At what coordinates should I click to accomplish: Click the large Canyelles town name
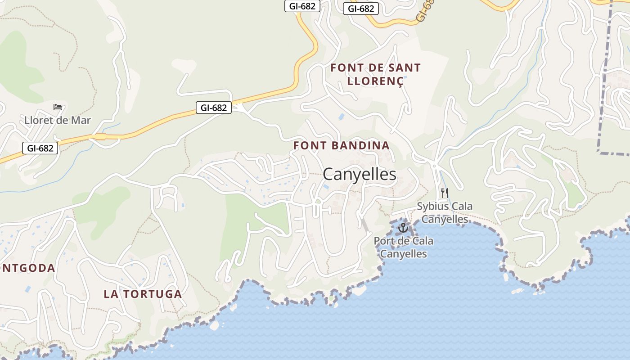[x=360, y=175]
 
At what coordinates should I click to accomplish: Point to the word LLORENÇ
[x=376, y=81]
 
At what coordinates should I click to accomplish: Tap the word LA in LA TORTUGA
[x=111, y=294]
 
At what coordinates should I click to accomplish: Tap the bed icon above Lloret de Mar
[x=58, y=107]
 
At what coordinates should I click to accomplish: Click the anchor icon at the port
[x=403, y=228]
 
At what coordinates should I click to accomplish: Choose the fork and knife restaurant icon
[x=445, y=193]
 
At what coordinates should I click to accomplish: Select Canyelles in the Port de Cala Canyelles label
[x=403, y=254]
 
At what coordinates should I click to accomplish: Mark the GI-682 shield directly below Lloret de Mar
[x=40, y=148]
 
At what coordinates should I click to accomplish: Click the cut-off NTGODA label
[x=27, y=268]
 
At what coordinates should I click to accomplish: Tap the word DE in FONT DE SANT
[x=375, y=68]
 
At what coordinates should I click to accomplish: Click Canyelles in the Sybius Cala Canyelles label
[x=445, y=220]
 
